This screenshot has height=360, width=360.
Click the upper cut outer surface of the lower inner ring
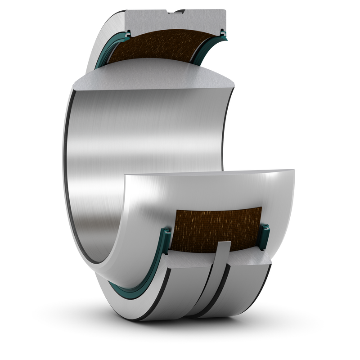click(x=211, y=180)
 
